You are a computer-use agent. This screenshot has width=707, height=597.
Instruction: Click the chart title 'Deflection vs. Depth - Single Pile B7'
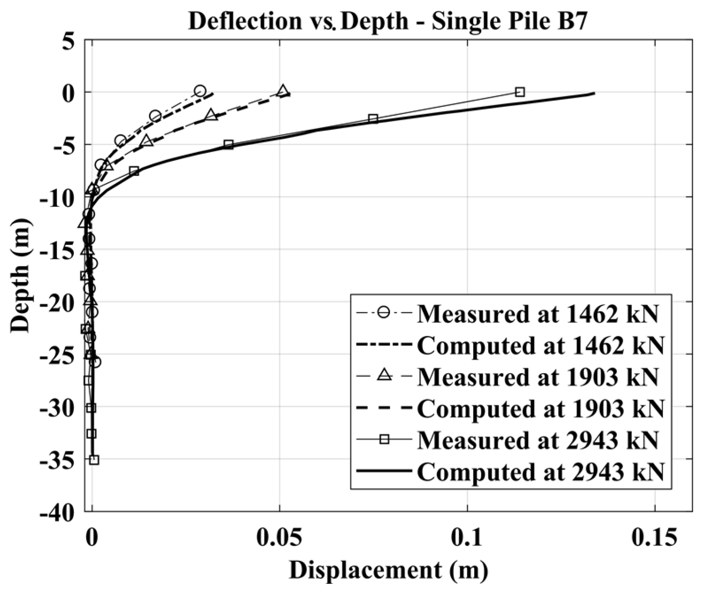coord(388,22)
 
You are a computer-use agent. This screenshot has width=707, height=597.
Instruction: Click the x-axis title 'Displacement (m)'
coord(388,570)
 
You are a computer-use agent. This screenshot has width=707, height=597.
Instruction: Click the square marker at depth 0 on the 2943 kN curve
coord(520,92)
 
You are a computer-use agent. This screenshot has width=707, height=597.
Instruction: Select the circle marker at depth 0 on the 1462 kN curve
coord(200,91)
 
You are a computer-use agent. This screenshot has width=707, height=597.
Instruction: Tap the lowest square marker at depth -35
coord(94,460)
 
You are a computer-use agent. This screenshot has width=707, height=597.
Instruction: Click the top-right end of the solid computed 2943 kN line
coord(594,93)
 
